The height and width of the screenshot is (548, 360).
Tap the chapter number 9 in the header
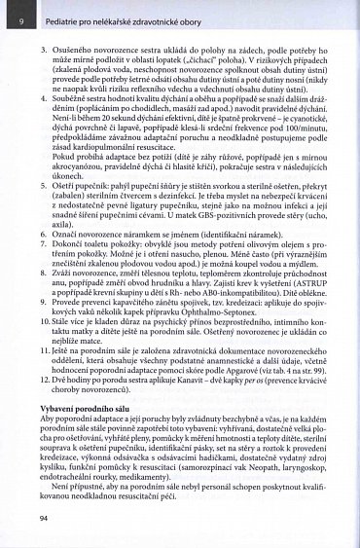tap(20, 18)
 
